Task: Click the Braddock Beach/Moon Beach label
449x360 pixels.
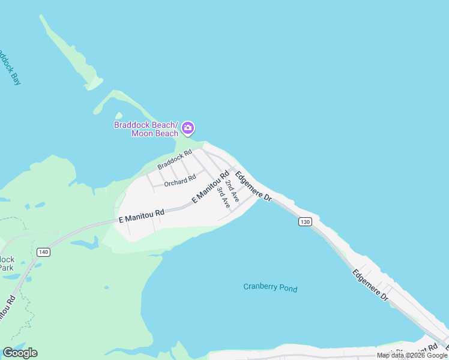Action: pyautogui.click(x=146, y=129)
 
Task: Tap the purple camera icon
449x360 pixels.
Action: pyautogui.click(x=188, y=127)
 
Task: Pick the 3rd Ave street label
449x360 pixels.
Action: pyautogui.click(x=224, y=197)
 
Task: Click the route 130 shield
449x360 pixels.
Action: pyautogui.click(x=305, y=221)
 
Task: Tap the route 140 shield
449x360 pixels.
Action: pyautogui.click(x=43, y=252)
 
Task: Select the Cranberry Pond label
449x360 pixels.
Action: pyautogui.click(x=270, y=287)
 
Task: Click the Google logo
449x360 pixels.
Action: pyautogui.click(x=20, y=353)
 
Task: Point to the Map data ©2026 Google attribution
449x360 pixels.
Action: pyautogui.click(x=412, y=355)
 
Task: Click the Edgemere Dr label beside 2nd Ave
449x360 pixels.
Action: pyautogui.click(x=254, y=186)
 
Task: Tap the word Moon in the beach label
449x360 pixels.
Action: pyautogui.click(x=142, y=133)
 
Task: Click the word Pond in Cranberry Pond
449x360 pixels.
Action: pyautogui.click(x=288, y=288)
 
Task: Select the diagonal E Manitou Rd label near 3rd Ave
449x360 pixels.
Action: pyautogui.click(x=211, y=187)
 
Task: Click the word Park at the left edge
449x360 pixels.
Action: pyautogui.click(x=7, y=268)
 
